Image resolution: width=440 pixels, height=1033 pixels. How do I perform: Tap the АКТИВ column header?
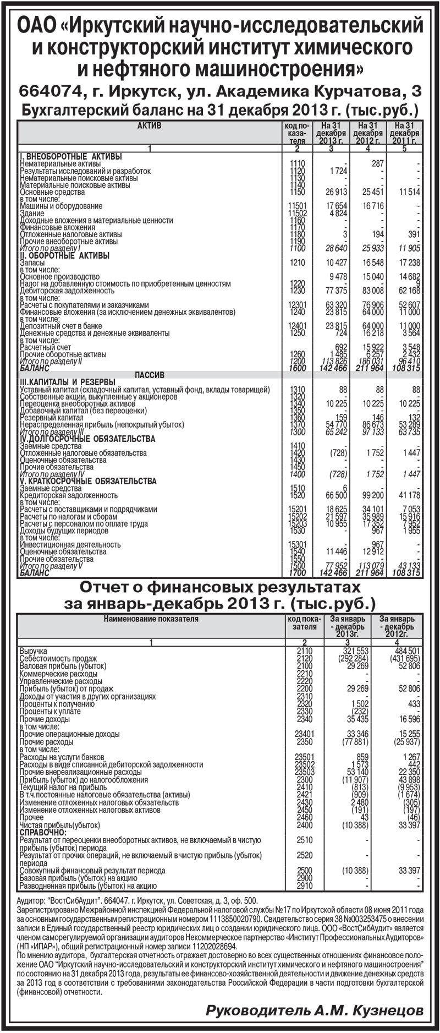point(149,126)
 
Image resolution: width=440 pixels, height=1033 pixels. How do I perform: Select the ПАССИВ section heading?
point(150,375)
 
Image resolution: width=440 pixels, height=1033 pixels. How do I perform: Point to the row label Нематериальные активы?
point(61,164)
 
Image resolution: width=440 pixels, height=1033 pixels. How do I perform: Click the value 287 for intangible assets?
point(377,164)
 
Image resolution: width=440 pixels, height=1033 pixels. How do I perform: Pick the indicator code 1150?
point(296,192)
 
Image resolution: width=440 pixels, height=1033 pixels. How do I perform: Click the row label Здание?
point(32,213)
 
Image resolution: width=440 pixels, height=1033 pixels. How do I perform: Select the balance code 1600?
point(296,368)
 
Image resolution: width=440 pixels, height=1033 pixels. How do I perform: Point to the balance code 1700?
point(296,573)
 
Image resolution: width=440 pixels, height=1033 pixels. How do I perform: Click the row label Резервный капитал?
point(52,418)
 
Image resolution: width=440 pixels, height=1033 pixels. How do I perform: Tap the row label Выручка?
point(34,651)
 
